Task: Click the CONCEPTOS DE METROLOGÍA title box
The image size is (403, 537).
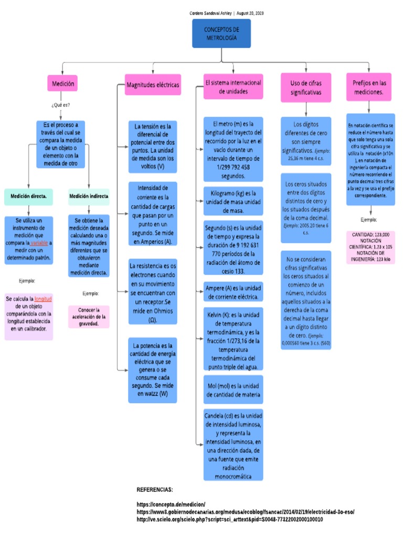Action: coord(221,33)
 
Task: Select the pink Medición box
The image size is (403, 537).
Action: coord(62,83)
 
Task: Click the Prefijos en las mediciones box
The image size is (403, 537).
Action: coord(369,87)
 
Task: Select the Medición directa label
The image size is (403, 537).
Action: coord(28,197)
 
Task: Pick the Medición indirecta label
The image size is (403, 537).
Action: coord(89,197)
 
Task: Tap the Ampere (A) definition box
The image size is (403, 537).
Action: coord(234,292)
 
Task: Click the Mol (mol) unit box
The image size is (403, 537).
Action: coord(234,390)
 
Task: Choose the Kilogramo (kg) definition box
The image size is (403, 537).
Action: coord(234,201)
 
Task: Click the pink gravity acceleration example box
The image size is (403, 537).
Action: coord(89,317)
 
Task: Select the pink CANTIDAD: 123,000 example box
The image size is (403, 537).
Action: coord(370,246)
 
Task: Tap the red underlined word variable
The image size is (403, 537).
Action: coord(40,243)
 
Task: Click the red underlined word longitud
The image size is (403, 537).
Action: coord(43,298)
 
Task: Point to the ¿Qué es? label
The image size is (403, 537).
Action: coord(61,105)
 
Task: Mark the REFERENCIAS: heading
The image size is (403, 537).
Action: coord(155,489)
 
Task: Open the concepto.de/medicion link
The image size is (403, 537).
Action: coord(171,503)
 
